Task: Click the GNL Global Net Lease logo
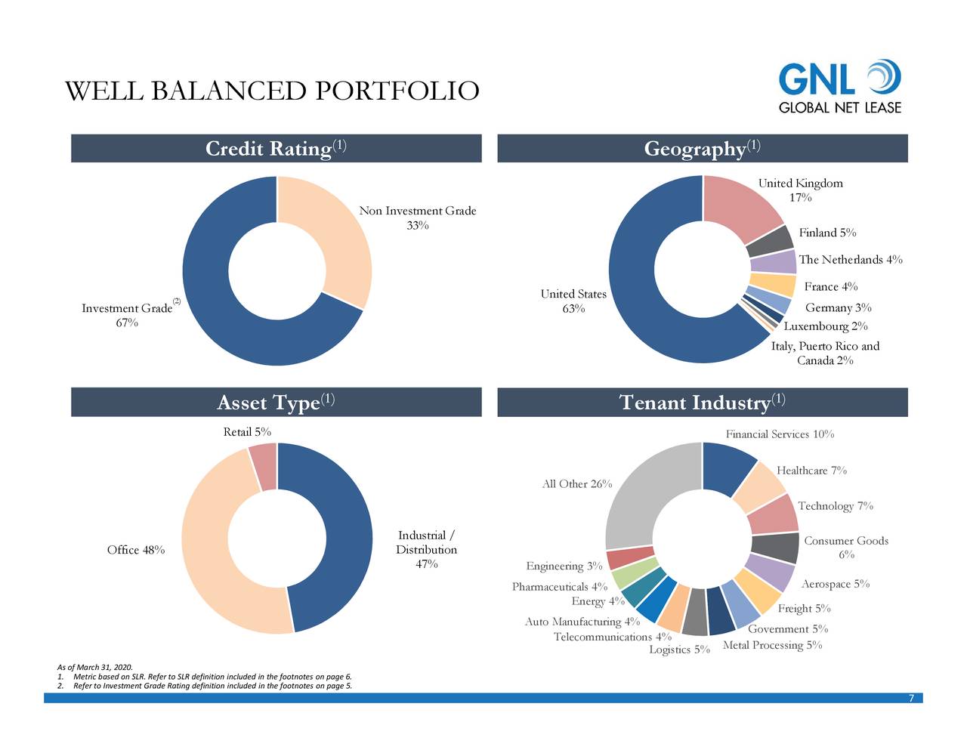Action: (839, 87)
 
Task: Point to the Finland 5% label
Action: (827, 233)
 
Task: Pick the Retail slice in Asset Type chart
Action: (263, 466)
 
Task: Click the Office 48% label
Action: (136, 549)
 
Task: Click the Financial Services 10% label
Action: (780, 434)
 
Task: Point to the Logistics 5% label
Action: (679, 650)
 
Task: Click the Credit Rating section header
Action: (276, 148)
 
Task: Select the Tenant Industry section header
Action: (702, 402)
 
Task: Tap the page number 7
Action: (911, 698)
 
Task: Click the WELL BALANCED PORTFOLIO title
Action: (272, 91)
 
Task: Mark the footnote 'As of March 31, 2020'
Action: (94, 667)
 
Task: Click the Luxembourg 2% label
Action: (825, 326)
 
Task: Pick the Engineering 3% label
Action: (564, 566)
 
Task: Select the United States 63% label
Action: (573, 301)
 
